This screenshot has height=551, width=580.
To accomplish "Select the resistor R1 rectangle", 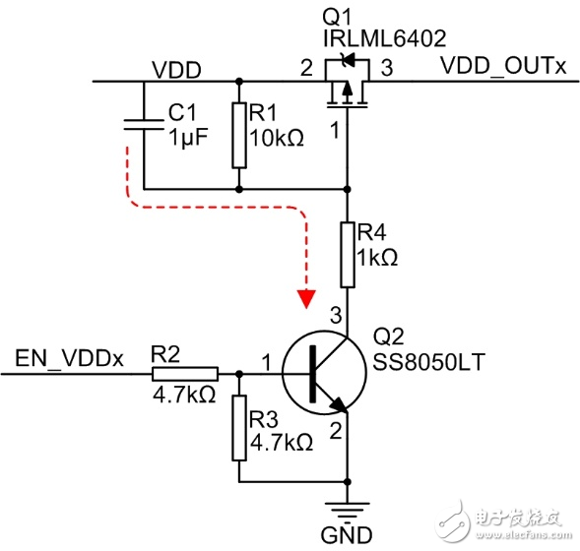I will pyautogui.click(x=238, y=135).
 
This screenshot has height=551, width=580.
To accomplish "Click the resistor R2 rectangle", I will pyautogui.click(x=185, y=374).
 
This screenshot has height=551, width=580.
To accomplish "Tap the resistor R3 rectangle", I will pyautogui.click(x=238, y=429).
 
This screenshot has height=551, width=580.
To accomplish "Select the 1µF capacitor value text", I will pyautogui.click(x=187, y=139).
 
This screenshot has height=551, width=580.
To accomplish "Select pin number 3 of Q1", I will pyautogui.click(x=386, y=69).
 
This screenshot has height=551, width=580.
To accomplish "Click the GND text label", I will pyautogui.click(x=348, y=536).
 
